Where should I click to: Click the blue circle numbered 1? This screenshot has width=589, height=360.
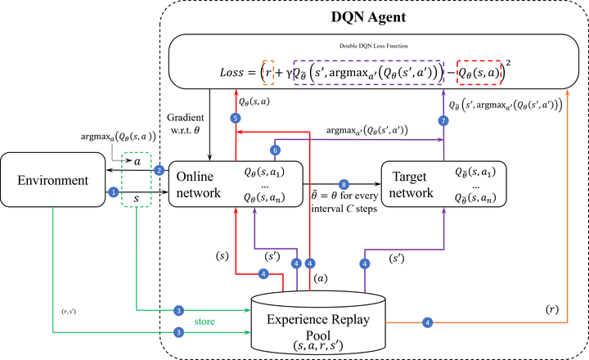click(x=114, y=192)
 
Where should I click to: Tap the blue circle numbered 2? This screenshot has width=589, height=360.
click(x=159, y=170)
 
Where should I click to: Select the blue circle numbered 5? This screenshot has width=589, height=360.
click(x=236, y=118)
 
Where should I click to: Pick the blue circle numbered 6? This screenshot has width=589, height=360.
click(x=275, y=150)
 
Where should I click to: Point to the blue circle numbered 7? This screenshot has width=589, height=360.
click(x=443, y=120)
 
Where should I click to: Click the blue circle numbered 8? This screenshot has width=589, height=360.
click(x=344, y=184)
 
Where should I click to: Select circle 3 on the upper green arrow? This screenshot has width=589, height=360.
click(x=178, y=311)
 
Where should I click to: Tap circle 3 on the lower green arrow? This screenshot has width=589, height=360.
click(x=178, y=332)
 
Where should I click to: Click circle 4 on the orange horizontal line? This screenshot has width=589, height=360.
click(x=427, y=322)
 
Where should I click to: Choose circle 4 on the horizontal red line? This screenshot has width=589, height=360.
click(x=263, y=273)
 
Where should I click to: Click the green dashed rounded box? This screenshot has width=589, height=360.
click(x=137, y=179)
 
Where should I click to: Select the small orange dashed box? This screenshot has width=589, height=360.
click(x=268, y=72)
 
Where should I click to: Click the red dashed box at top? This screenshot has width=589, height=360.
click(x=479, y=72)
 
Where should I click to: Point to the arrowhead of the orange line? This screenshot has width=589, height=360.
click(x=567, y=93)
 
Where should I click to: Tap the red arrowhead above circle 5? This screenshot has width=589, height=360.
click(x=236, y=93)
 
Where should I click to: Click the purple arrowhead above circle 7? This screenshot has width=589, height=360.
click(x=443, y=93)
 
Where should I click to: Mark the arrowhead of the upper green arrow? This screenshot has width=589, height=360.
click(x=246, y=310)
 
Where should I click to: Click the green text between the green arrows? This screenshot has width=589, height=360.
click(x=205, y=322)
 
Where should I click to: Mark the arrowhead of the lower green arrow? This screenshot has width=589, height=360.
click(x=246, y=332)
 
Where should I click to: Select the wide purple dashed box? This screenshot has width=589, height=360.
click(x=368, y=72)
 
